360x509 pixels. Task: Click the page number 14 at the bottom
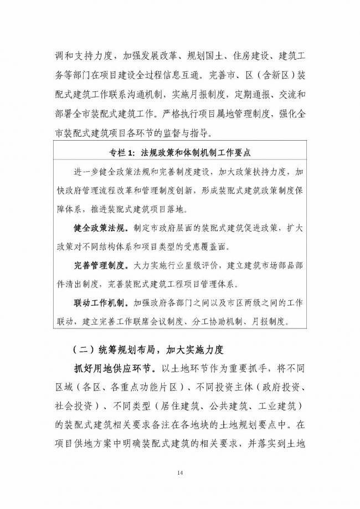[180, 472]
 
